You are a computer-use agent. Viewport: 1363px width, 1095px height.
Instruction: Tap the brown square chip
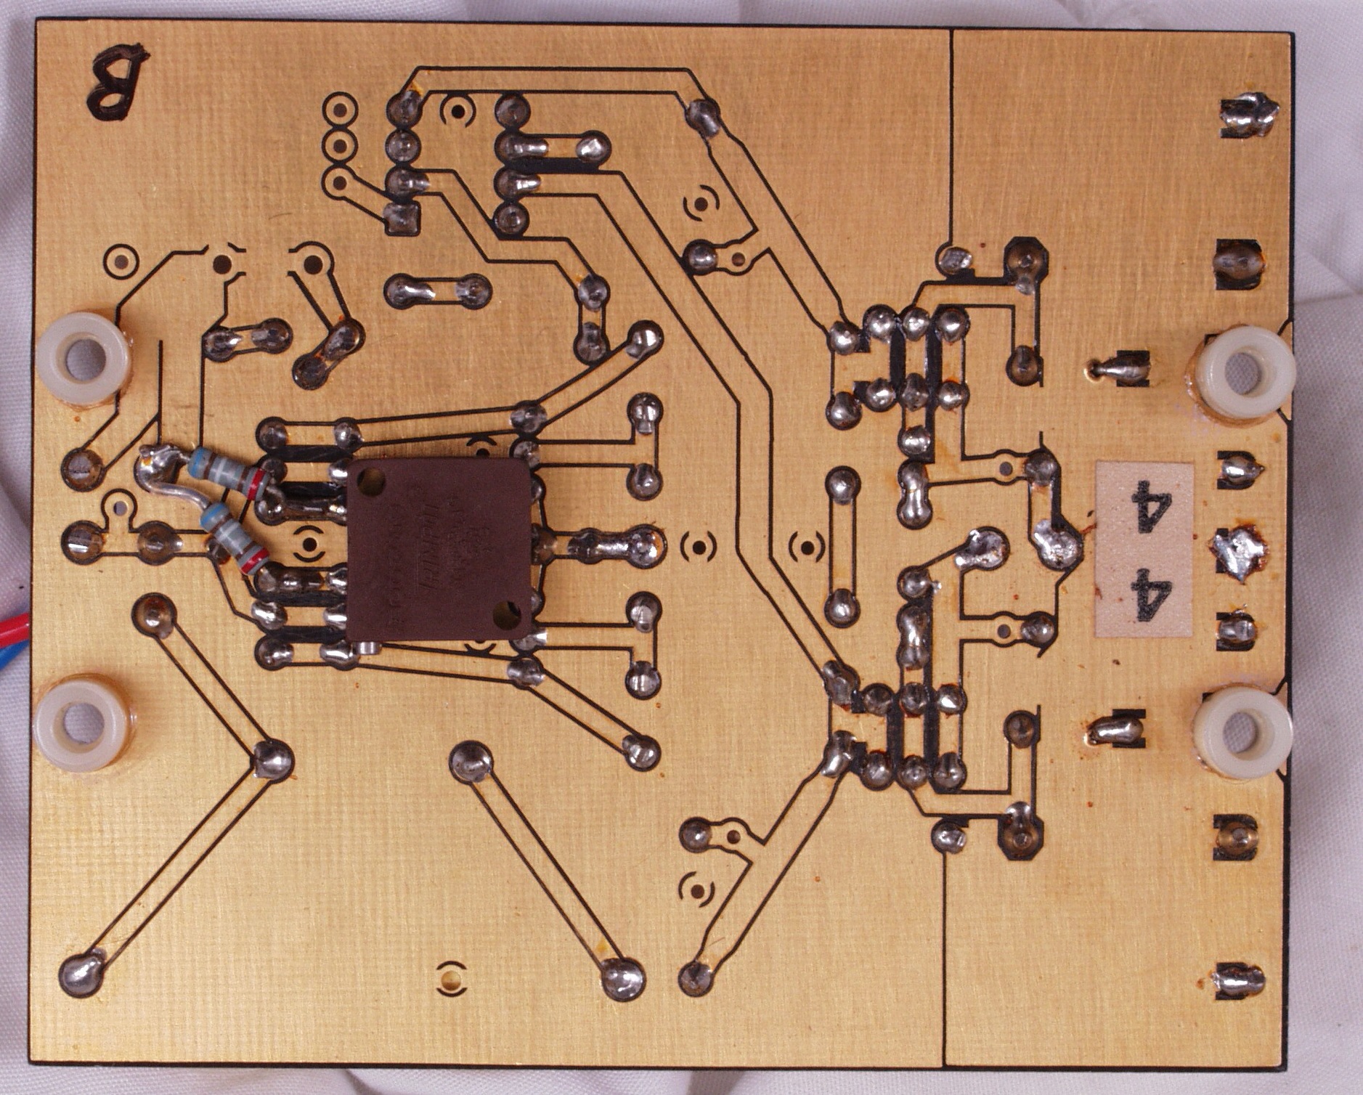pyautogui.click(x=440, y=549)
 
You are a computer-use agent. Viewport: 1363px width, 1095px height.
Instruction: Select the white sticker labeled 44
pyautogui.click(x=1144, y=550)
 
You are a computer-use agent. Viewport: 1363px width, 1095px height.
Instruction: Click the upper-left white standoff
pyautogui.click(x=83, y=359)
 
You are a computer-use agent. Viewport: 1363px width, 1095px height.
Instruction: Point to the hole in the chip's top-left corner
pyautogui.click(x=372, y=479)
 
